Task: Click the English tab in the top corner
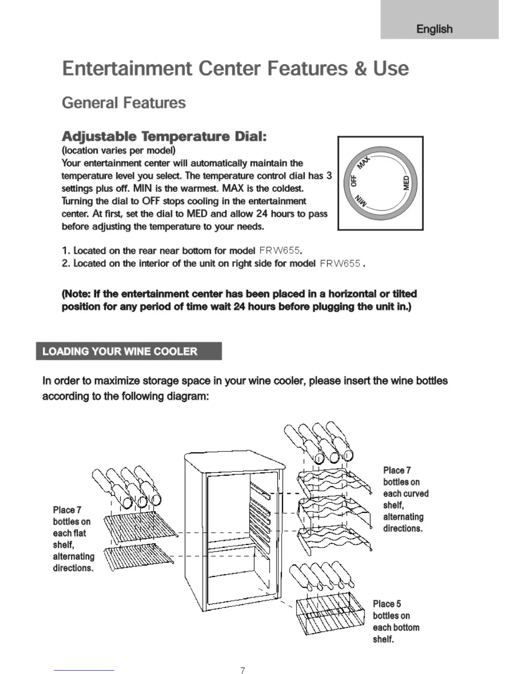click(x=434, y=29)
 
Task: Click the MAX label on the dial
click(x=364, y=163)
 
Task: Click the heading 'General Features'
click(x=124, y=103)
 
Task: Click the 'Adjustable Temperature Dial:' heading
click(x=164, y=137)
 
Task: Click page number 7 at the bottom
click(x=243, y=670)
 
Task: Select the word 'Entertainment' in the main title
click(x=127, y=69)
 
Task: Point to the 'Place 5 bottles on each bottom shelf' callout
click(x=396, y=621)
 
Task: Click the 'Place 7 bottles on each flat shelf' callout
click(x=73, y=539)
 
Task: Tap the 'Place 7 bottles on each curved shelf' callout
click(x=405, y=499)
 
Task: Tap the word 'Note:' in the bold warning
click(x=76, y=294)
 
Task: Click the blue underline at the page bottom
click(x=84, y=670)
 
